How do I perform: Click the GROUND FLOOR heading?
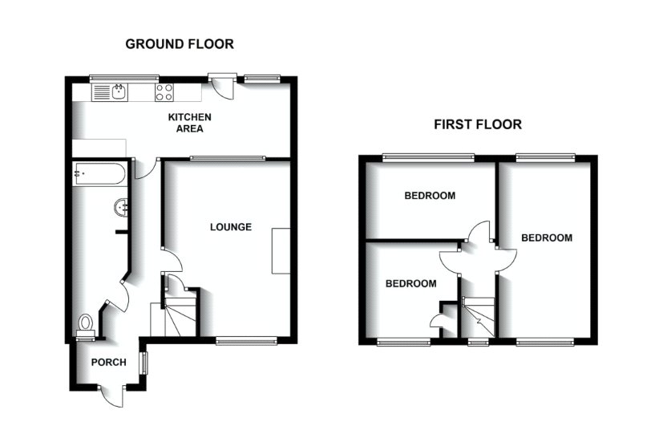180,44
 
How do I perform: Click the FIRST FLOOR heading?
477,124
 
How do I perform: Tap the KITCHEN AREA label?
189,123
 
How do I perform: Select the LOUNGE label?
231,227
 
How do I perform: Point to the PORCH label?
108,363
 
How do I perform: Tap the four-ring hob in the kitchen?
164,92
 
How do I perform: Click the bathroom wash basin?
122,207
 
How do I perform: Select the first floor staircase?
479,316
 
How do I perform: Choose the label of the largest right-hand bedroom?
547,238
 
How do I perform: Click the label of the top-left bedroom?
430,196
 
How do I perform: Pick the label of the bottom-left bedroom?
410,284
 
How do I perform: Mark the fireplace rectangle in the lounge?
281,251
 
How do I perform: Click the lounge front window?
245,342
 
